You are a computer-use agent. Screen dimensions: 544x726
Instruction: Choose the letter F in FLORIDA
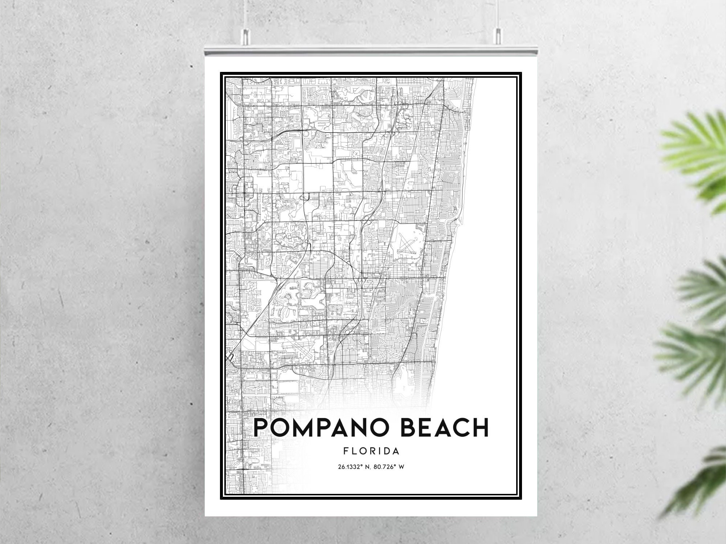tap(345, 451)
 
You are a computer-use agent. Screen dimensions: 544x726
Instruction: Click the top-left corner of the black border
tap(221, 73)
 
